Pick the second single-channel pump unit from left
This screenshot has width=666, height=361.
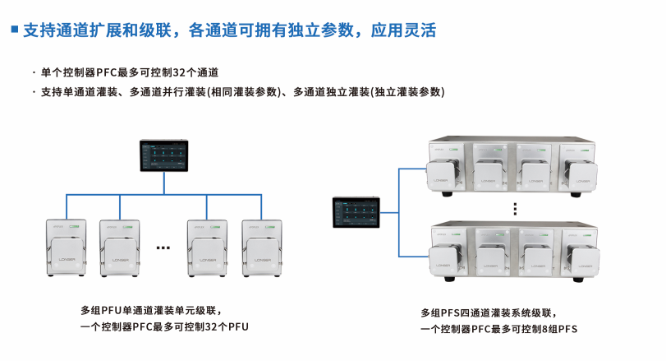(x=122, y=247)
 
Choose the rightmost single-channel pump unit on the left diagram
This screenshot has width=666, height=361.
(x=263, y=247)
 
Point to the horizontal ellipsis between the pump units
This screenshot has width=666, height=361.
(x=163, y=248)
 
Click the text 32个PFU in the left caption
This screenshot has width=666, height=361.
(x=225, y=326)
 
